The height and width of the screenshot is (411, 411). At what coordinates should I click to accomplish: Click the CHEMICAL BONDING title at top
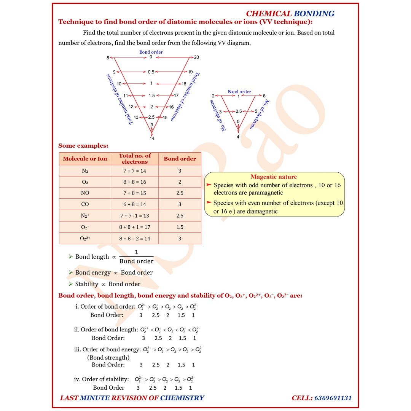coord(290,14)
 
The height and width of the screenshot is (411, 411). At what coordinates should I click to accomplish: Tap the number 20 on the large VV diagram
coord(196,57)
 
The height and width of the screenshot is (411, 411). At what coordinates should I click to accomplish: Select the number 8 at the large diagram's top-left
coord(108,58)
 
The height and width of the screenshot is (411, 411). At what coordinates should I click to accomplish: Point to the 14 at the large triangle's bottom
coord(152,139)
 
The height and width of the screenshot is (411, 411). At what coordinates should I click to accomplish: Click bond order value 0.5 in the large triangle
coord(151,72)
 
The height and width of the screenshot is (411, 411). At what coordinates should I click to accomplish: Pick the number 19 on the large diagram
coord(190,72)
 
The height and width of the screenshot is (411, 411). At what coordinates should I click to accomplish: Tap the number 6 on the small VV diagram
coord(264,96)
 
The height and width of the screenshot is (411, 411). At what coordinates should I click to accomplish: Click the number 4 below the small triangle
coord(238,137)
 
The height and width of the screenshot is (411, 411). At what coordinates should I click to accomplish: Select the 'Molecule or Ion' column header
coord(85,159)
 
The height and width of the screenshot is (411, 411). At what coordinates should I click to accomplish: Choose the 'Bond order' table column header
coord(180,159)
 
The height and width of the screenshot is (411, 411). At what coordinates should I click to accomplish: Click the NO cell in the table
coord(85,193)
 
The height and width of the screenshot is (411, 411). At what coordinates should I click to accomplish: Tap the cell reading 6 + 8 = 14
coord(134,204)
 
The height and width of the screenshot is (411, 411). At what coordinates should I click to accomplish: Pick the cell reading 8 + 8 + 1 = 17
coord(134,227)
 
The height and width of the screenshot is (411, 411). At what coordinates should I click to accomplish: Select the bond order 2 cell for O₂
coord(180,182)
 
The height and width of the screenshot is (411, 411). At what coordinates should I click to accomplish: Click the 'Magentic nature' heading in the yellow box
coord(274,177)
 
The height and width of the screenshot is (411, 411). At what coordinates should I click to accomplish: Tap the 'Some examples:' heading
coord(83,146)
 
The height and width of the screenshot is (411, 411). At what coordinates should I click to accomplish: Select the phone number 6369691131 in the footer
coord(333,398)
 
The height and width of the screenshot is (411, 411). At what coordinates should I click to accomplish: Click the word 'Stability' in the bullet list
coord(86,284)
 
